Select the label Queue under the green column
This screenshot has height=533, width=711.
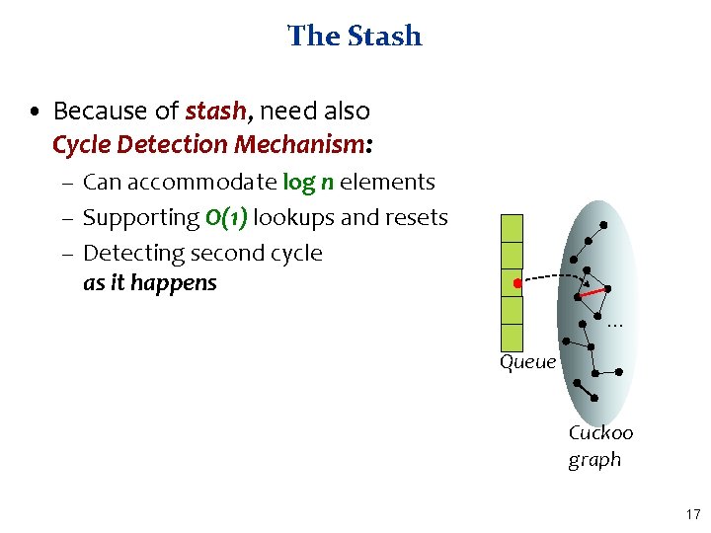tap(528, 362)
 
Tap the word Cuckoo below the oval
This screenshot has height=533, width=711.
tap(600, 432)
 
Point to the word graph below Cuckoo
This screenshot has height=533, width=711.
tap(594, 459)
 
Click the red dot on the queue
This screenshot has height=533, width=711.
tap(516, 284)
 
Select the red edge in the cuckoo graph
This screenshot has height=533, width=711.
tap(592, 292)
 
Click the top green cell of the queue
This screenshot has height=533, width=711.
tap(513, 228)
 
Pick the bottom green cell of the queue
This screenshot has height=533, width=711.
tap(513, 338)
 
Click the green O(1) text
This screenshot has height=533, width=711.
tap(225, 217)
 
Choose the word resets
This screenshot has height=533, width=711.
tap(415, 217)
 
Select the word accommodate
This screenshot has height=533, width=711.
tap(197, 182)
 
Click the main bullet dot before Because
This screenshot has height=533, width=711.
tap(36, 112)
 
